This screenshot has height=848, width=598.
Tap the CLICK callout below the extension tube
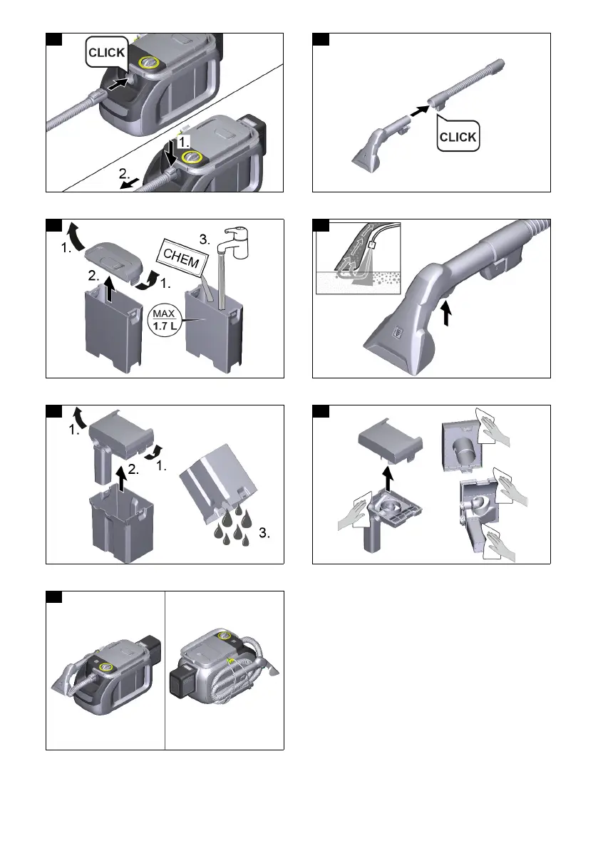point(458,136)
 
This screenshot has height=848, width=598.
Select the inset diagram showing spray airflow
point(358,259)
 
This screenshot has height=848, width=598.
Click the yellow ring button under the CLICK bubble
point(151,63)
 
